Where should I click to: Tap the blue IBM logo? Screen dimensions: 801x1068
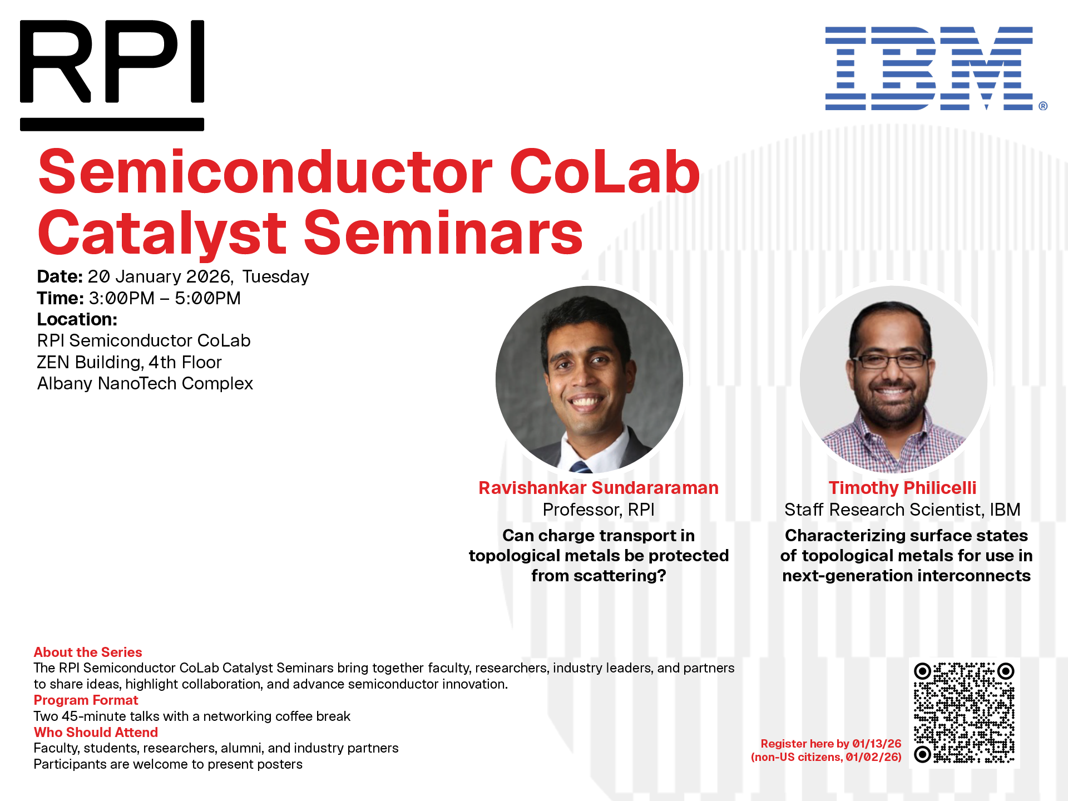[929, 68]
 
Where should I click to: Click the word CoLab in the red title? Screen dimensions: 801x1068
[604, 172]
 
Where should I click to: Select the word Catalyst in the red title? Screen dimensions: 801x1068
[161, 234]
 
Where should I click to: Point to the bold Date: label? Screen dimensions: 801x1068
[60, 276]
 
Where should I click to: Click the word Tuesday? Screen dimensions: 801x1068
[275, 276]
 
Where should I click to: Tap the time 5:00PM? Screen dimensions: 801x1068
[207, 298]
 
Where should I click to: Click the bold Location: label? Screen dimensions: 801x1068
[77, 319]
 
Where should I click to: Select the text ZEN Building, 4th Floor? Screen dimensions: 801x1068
[129, 362]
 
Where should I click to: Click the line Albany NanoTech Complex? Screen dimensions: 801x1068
[145, 383]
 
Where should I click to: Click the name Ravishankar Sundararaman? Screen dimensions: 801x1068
[598, 488]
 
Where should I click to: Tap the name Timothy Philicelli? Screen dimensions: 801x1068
[902, 488]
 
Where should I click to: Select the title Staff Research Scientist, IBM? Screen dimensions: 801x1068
[902, 510]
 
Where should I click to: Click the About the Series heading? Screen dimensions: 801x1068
[88, 652]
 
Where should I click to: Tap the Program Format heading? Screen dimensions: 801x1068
[86, 700]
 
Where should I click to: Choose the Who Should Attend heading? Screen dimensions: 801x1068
[96, 732]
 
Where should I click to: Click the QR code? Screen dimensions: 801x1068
[964, 713]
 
